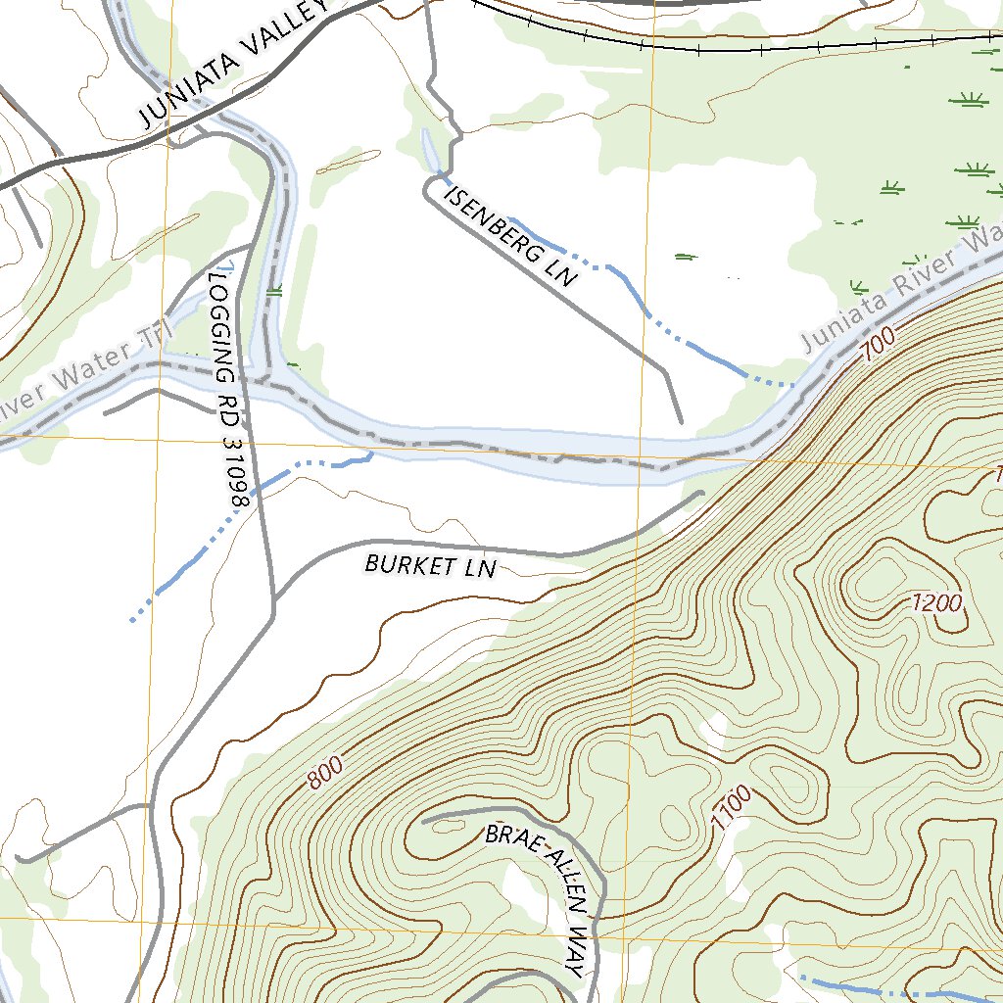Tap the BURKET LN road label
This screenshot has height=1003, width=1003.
[431, 565]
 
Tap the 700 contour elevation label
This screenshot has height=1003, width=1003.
[879, 344]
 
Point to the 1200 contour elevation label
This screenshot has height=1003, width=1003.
[936, 603]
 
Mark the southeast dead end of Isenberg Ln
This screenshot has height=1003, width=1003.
[681, 421]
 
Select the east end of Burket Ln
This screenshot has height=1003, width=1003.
[701, 494]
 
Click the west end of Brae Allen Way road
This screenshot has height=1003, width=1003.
[424, 821]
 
